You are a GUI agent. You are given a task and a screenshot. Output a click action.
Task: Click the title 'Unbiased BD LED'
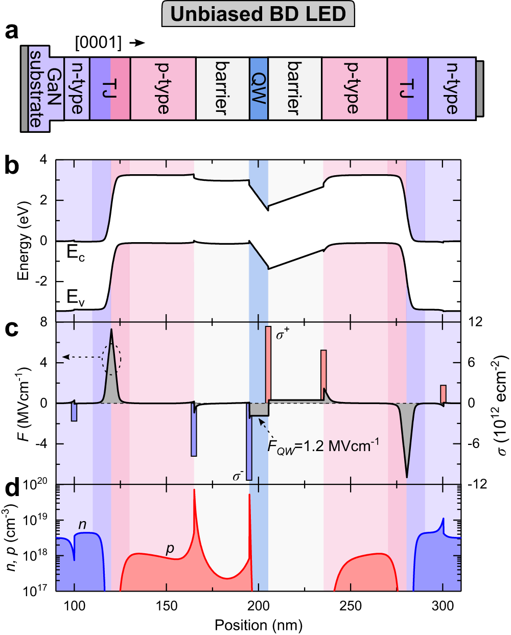pos(258,14)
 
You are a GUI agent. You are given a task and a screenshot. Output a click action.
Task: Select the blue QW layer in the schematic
pos(259,88)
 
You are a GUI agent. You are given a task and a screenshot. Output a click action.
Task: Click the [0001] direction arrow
pos(137,43)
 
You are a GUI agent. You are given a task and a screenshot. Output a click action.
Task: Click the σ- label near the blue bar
pos(238,476)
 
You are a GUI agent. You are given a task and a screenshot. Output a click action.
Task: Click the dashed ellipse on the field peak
pos(111,359)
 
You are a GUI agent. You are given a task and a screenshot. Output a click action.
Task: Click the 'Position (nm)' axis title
pos(258,625)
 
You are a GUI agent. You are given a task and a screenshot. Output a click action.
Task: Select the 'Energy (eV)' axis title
pos(23,241)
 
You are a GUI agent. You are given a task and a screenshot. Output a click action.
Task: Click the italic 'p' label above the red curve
pos(170,548)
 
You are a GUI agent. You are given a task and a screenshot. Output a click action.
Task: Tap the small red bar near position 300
pos(443,393)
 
